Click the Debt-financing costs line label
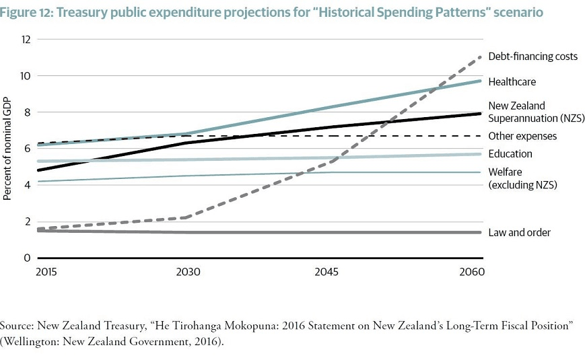coord(532,57)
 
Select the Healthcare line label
coord(512,82)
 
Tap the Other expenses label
coord(522,136)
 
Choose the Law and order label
coord(520,233)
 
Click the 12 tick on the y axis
coord(26,39)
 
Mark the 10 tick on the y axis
coord(26,75)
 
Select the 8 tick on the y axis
coord(28,112)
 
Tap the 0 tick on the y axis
coord(28,258)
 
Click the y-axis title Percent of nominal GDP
coord(9,149)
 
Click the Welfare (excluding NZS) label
coord(523,178)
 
